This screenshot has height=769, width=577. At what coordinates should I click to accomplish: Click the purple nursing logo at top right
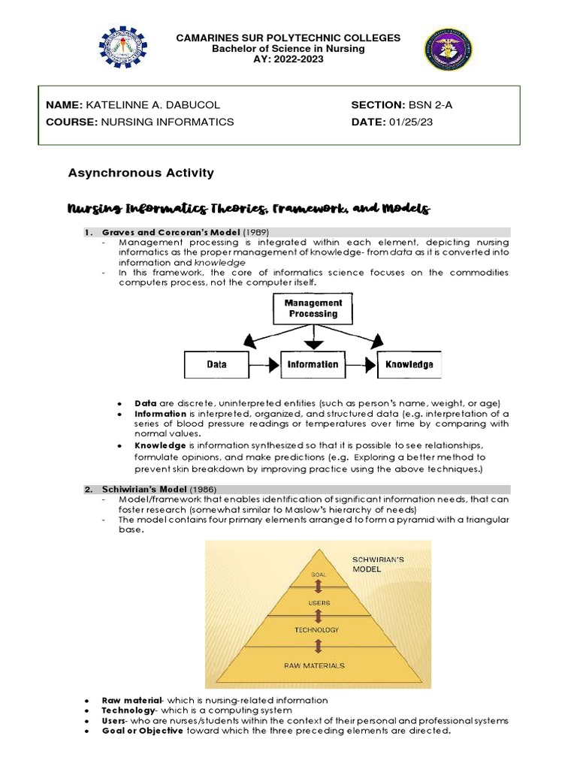pos(449,50)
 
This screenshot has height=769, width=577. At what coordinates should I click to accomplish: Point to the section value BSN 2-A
pos(430,105)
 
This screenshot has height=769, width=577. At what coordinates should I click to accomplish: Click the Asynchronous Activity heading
pos(140,173)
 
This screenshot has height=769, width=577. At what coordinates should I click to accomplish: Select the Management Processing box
pos(313,308)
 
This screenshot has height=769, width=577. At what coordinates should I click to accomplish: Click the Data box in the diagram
pos(216,364)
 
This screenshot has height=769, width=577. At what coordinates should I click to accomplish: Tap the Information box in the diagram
pos(313,364)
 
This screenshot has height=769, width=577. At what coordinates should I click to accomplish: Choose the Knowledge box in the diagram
pos(409,364)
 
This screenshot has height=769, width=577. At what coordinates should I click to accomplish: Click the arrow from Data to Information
pos(264,364)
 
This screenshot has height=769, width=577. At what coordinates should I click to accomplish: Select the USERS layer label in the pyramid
pos(319,602)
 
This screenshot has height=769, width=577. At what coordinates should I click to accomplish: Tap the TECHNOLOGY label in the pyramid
pos(316,629)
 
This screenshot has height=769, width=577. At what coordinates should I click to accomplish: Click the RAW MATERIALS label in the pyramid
pos(315,665)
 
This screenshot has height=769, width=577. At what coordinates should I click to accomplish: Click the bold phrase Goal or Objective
pos(142,731)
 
